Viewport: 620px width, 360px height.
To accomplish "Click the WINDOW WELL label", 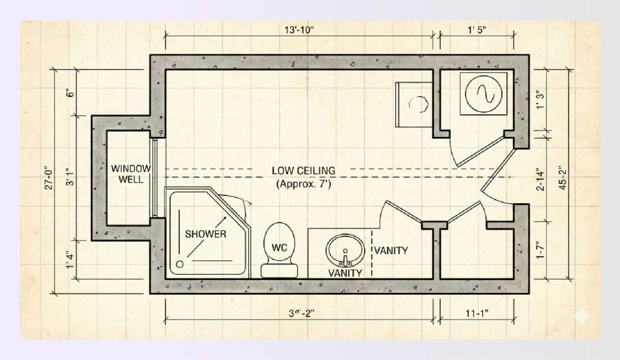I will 130,174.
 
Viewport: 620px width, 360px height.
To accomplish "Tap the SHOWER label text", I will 206,234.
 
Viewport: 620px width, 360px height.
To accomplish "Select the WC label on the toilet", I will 279,247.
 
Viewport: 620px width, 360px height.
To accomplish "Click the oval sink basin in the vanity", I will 345,249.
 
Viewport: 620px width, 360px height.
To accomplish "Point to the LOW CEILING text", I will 303,171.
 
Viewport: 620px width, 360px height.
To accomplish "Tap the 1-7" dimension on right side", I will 540,250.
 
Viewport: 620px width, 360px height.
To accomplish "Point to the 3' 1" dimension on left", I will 71,175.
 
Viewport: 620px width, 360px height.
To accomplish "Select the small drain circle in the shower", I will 180,264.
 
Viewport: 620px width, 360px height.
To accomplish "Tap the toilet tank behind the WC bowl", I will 279,270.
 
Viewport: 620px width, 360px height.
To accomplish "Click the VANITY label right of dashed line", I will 391,250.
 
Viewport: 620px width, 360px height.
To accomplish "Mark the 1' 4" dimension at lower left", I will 71,256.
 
